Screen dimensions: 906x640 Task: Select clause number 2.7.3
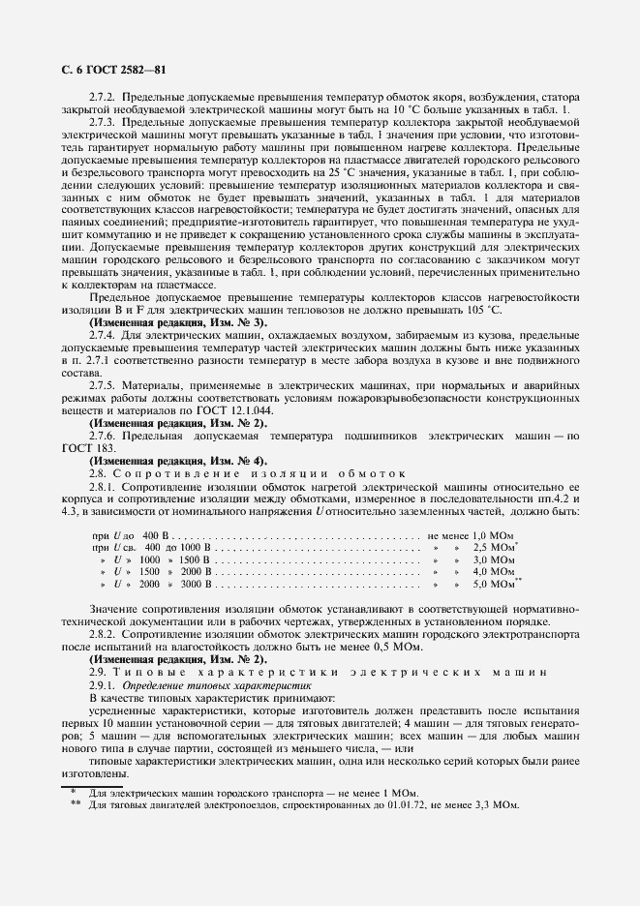click(103, 124)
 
